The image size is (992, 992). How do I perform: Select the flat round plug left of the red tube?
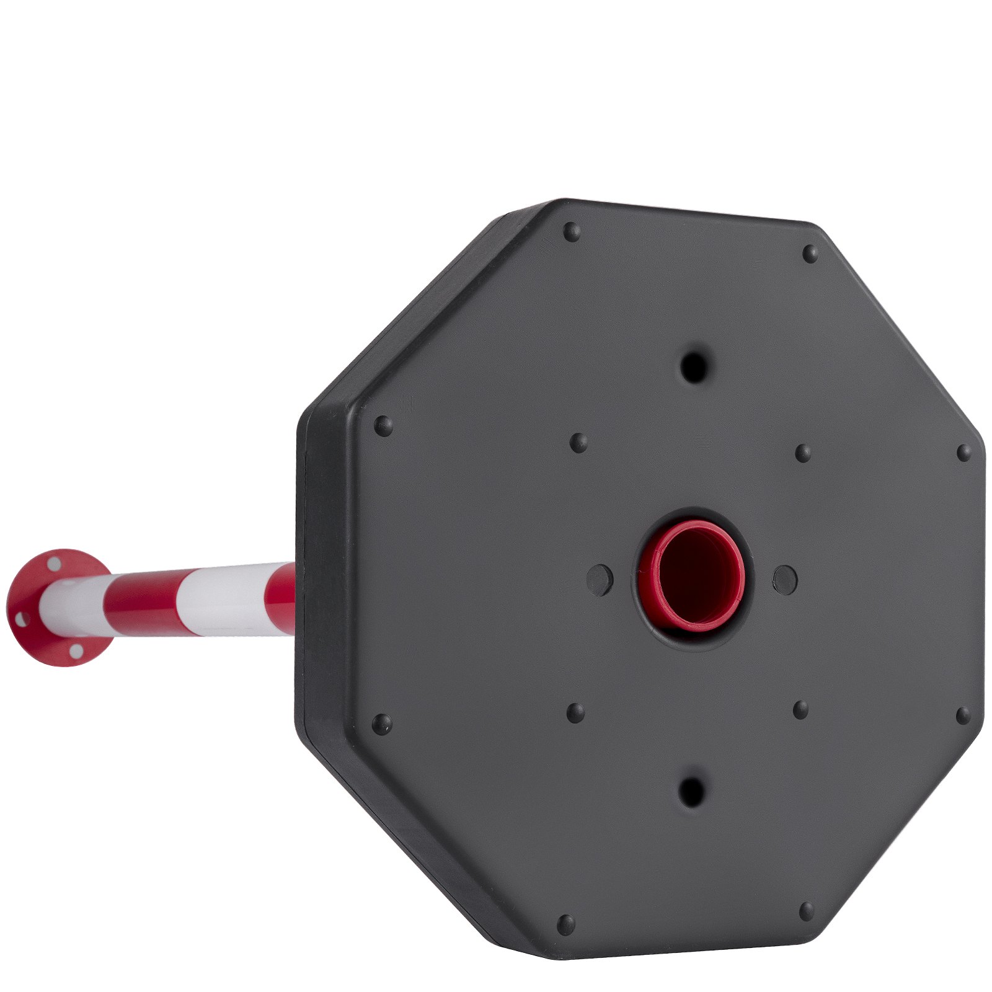tap(600, 579)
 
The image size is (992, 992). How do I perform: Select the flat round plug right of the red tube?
tap(785, 579)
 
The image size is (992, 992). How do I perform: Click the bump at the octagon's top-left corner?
tap(572, 232)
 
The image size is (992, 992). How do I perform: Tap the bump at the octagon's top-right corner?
tap(810, 252)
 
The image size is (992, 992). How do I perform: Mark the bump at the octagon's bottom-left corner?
tap(565, 924)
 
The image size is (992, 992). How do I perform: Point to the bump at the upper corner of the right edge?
tap(963, 453)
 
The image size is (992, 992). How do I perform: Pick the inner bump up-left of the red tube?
tap(578, 442)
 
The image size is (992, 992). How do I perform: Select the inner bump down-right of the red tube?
tap(800, 709)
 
